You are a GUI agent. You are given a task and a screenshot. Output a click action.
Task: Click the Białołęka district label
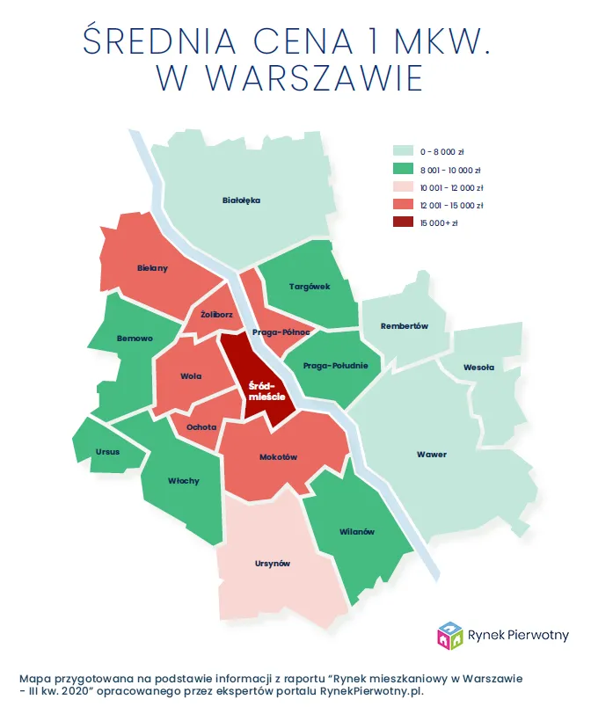click(x=242, y=200)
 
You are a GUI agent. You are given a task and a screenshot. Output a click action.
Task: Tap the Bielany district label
click(x=153, y=268)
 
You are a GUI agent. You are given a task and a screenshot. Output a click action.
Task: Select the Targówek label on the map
click(x=310, y=287)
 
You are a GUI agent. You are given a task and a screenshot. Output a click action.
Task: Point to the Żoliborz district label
click(x=216, y=313)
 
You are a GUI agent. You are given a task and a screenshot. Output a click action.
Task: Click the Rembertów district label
click(x=405, y=326)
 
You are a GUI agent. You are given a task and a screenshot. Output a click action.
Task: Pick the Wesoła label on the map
click(x=479, y=368)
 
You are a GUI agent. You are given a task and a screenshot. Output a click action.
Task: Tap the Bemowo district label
click(x=135, y=339)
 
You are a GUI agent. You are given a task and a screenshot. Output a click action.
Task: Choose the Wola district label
click(x=191, y=376)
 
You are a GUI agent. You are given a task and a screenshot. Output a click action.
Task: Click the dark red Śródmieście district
click(x=260, y=391)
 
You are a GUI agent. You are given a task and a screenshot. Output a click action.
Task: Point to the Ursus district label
click(x=108, y=452)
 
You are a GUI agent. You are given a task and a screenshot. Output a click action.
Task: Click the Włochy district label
click(x=183, y=481)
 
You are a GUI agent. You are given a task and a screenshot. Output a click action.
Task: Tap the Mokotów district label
click(x=279, y=457)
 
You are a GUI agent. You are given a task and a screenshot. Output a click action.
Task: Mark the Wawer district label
click(x=432, y=455)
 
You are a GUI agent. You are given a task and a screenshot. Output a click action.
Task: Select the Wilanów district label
click(x=357, y=532)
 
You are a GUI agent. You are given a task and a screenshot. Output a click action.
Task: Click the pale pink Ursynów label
click(x=271, y=564)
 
